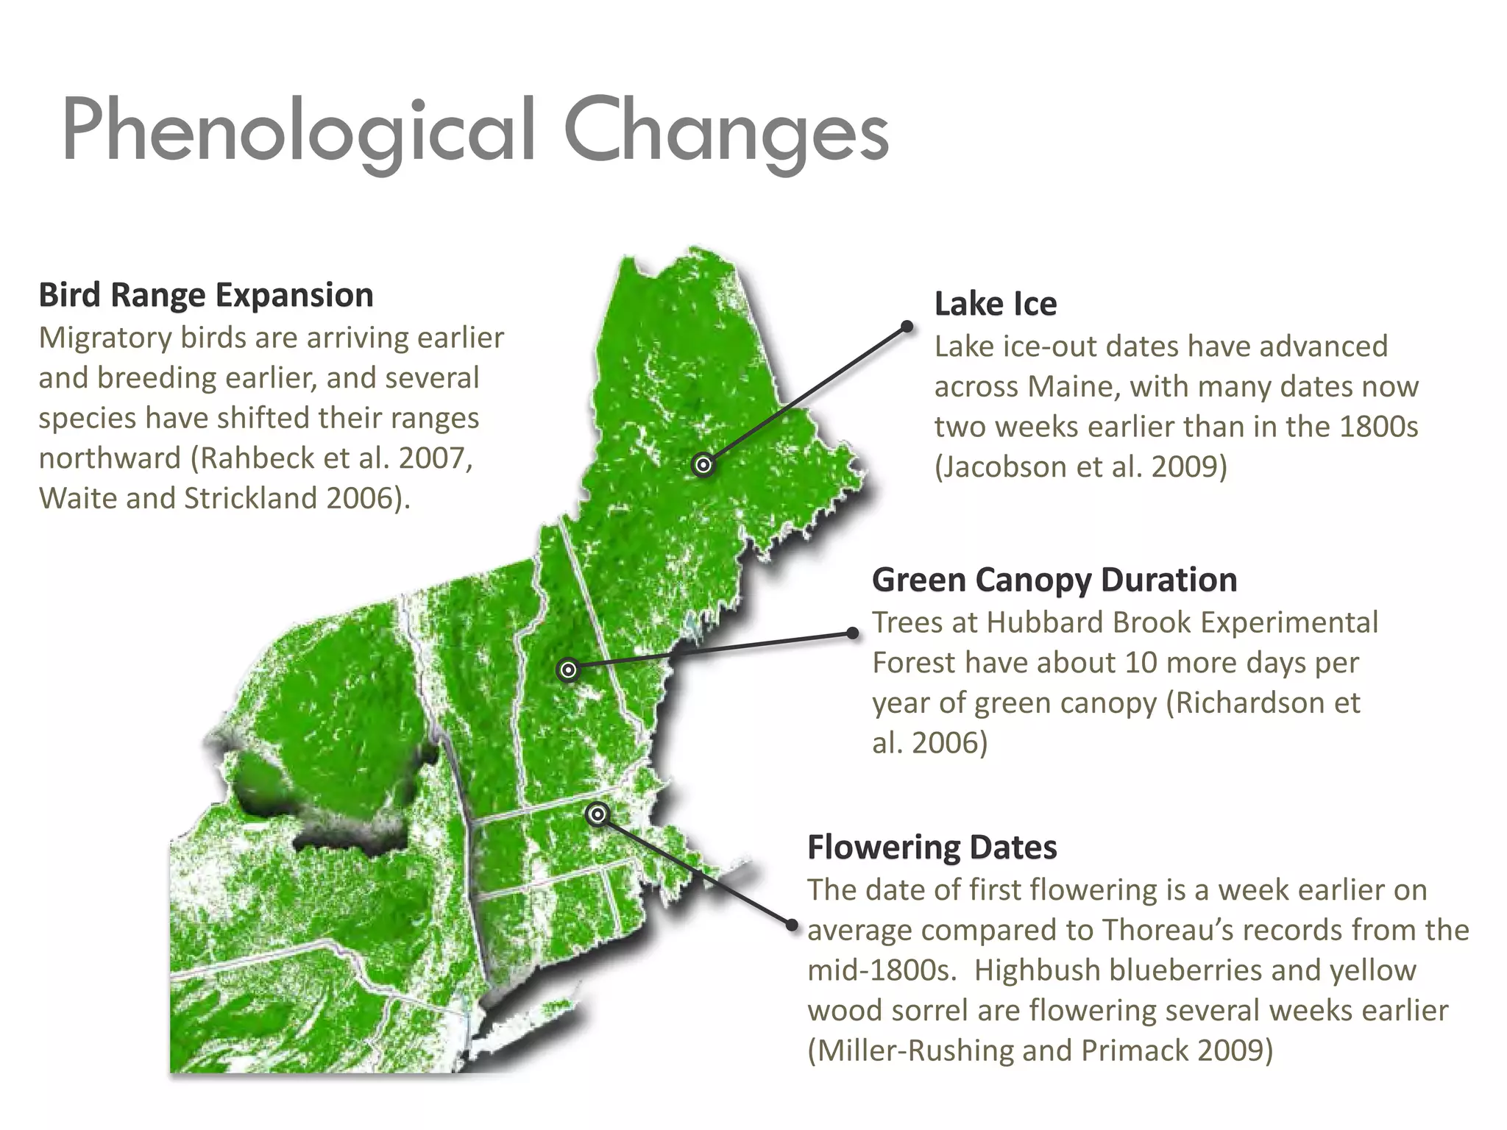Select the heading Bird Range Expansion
pyautogui.click(x=206, y=295)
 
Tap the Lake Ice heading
pyautogui.click(x=995, y=304)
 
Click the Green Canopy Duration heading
pyautogui.click(x=1054, y=580)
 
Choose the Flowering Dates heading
pyautogui.click(x=932, y=847)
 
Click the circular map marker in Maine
pyautogui.click(x=703, y=465)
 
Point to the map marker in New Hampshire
pyautogui.click(x=568, y=669)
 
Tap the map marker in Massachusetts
pyautogui.click(x=598, y=814)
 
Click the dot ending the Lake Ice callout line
pyautogui.click(x=907, y=326)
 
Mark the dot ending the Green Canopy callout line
pyautogui.click(x=853, y=633)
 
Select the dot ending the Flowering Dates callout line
pyautogui.click(x=792, y=924)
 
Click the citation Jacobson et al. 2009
pyautogui.click(x=1080, y=467)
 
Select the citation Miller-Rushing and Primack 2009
pyautogui.click(x=1040, y=1051)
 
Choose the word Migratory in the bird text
pyautogui.click(x=105, y=338)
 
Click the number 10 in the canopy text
pyautogui.click(x=1141, y=663)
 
